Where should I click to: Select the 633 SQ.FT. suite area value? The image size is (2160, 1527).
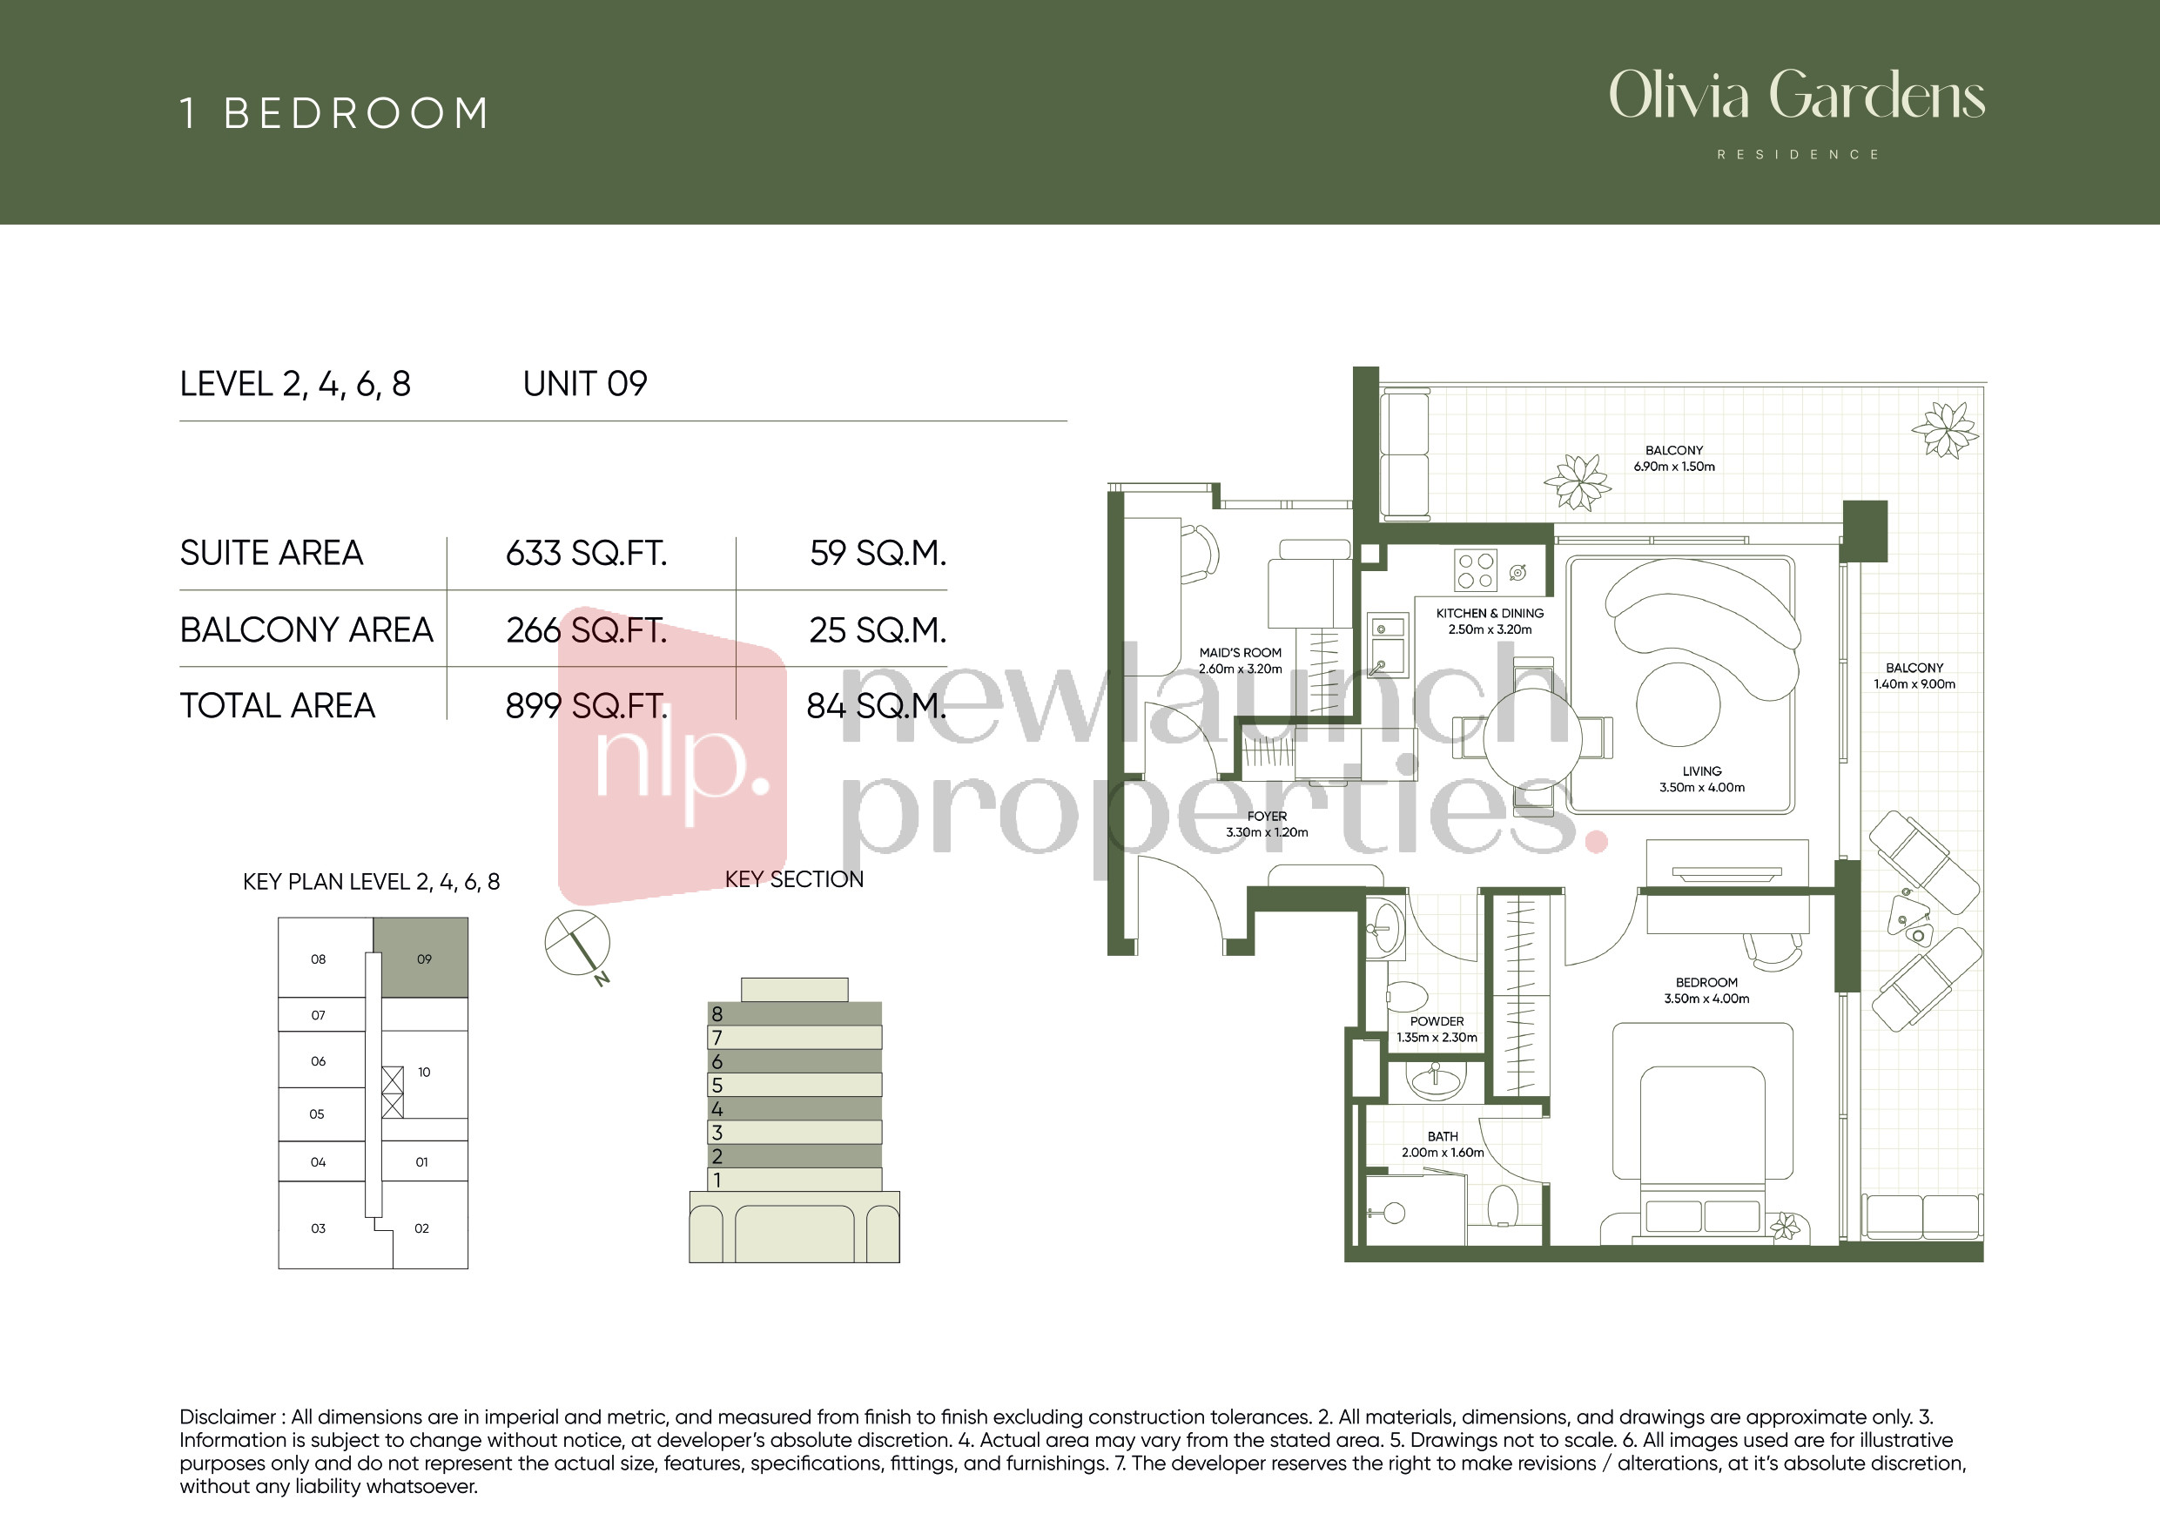[x=586, y=553]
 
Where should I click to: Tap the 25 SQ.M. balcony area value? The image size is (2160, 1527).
[x=877, y=630]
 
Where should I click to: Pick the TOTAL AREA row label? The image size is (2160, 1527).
[x=278, y=706]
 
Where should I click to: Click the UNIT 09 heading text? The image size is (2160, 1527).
[x=585, y=384]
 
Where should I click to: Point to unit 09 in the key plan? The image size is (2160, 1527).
[x=421, y=957]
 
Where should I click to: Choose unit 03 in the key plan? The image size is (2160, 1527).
[x=318, y=1228]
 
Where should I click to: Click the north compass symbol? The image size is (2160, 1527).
[x=577, y=944]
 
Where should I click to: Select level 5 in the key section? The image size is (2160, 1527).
[x=794, y=1085]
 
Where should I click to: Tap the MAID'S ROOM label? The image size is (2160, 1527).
[x=1240, y=652]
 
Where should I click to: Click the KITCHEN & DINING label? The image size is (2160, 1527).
[x=1490, y=613]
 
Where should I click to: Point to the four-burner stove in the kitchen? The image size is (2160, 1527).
[x=1475, y=570]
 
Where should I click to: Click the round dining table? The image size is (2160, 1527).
[x=1531, y=738]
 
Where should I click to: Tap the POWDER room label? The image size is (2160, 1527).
[x=1437, y=1021]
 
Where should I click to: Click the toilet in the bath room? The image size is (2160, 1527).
[x=1504, y=1205]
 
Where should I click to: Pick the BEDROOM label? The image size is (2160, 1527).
[x=1706, y=982]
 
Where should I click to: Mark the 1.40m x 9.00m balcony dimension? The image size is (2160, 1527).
[x=1914, y=684]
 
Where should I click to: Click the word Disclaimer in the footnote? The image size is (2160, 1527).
[x=227, y=1417]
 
